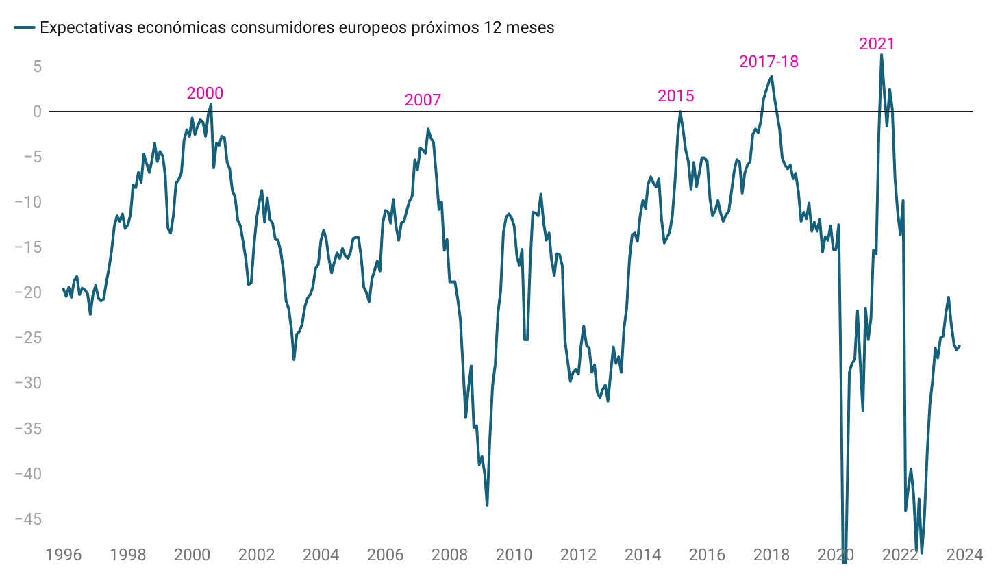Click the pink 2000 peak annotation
tap(205, 93)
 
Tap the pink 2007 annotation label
tap(423, 100)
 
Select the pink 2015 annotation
tap(675, 96)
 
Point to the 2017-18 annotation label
tap(768, 62)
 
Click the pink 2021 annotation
tap(877, 44)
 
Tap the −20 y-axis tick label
tap(28, 292)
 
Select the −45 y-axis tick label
tap(28, 519)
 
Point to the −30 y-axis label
tap(28, 383)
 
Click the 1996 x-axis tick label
tap(63, 554)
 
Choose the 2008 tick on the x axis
tap(449, 554)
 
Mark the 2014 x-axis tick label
tap(642, 554)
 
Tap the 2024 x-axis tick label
tap(964, 554)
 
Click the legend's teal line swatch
tap(25, 27)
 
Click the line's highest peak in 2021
tap(882, 55)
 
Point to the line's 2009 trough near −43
tap(487, 505)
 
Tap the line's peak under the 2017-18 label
tap(772, 77)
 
